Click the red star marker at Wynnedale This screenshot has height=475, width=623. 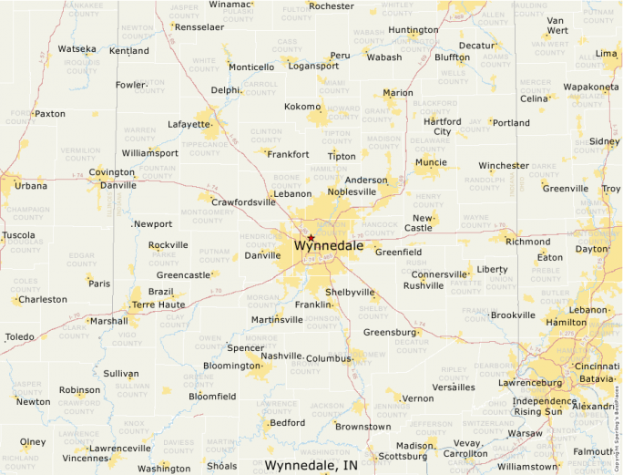(x=311, y=237)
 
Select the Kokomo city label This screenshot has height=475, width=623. (x=302, y=107)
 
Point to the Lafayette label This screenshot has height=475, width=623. (x=189, y=124)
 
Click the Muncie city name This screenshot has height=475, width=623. (x=431, y=162)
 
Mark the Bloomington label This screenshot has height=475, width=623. (x=231, y=366)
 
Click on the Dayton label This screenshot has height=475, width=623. (x=592, y=249)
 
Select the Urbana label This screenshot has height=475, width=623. (x=30, y=185)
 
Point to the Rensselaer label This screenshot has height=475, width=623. (x=199, y=27)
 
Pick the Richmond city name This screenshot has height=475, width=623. (x=528, y=242)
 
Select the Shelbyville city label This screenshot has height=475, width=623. (x=350, y=293)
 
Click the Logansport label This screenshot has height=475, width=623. (x=313, y=66)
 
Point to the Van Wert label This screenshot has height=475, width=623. (x=557, y=25)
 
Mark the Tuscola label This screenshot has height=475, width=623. (x=18, y=234)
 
